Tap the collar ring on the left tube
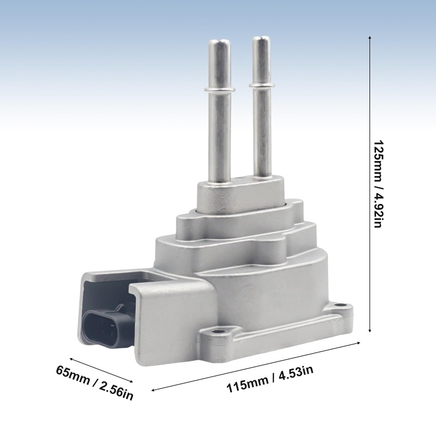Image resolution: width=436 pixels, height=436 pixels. click(220, 89)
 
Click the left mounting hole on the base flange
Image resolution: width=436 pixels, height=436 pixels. click(215, 332)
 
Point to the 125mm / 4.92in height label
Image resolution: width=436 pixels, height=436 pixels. click(378, 184)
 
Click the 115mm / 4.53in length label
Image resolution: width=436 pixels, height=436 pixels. click(270, 379)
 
